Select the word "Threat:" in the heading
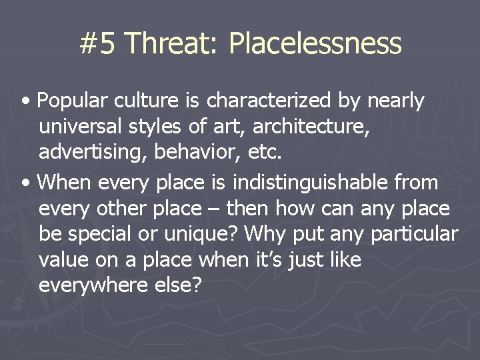click(171, 44)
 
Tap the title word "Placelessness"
click(315, 44)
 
